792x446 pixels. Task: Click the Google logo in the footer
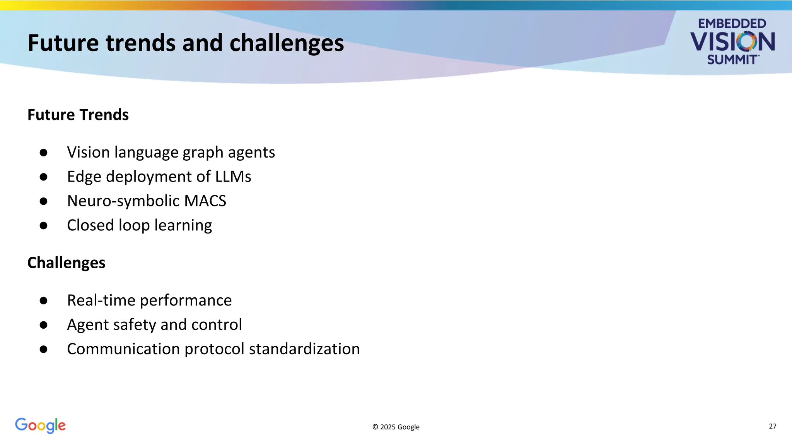[40, 425]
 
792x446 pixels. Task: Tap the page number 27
[772, 426]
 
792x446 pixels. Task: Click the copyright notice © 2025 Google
[396, 427]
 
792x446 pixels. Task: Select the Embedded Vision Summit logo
[732, 41]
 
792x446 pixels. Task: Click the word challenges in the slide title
[287, 43]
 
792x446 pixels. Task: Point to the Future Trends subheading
[78, 115]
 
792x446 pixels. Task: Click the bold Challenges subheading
[66, 263]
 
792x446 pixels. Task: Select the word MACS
[205, 201]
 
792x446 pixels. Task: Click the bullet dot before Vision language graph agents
[43, 153]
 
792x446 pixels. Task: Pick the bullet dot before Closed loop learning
[43, 226]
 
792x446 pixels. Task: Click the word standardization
[304, 349]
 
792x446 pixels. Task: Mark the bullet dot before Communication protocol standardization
[43, 349]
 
